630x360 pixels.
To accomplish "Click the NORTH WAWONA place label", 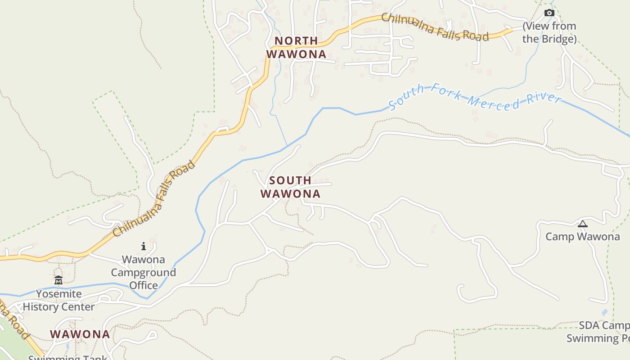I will point(296,47).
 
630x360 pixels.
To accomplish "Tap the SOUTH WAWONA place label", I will point(291,187).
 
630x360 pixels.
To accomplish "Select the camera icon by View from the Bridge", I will point(549,13).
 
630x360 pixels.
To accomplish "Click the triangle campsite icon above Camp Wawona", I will point(583,224).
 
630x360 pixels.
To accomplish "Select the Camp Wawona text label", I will point(582,237).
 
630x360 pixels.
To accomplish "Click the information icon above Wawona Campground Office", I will point(144,246).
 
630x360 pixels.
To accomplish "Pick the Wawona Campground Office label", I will point(144,272).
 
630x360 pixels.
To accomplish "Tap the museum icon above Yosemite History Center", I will point(58,280).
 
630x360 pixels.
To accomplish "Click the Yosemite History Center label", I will point(59,301).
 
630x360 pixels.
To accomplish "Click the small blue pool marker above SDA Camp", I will point(604,312).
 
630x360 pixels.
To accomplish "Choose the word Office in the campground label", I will point(144,285).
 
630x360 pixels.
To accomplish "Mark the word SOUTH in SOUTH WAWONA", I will point(290,180).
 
